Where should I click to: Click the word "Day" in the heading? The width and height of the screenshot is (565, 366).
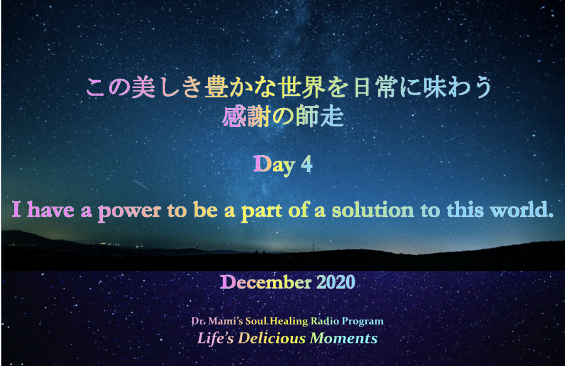click(274, 165)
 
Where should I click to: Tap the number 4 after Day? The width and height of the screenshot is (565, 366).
click(306, 164)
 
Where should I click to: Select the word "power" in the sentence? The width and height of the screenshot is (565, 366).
click(129, 211)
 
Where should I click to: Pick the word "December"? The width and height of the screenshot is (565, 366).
click(266, 282)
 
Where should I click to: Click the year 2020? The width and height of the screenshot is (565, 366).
click(336, 282)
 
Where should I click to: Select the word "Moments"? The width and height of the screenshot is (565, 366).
click(344, 338)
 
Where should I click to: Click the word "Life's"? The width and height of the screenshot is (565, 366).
click(215, 338)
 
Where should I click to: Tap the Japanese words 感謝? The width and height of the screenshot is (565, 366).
click(246, 117)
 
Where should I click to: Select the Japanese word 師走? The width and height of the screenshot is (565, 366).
click(320, 117)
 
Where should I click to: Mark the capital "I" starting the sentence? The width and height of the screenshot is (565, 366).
click(16, 210)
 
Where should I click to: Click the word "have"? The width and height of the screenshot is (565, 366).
click(50, 210)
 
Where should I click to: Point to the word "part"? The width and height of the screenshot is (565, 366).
click(262, 211)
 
